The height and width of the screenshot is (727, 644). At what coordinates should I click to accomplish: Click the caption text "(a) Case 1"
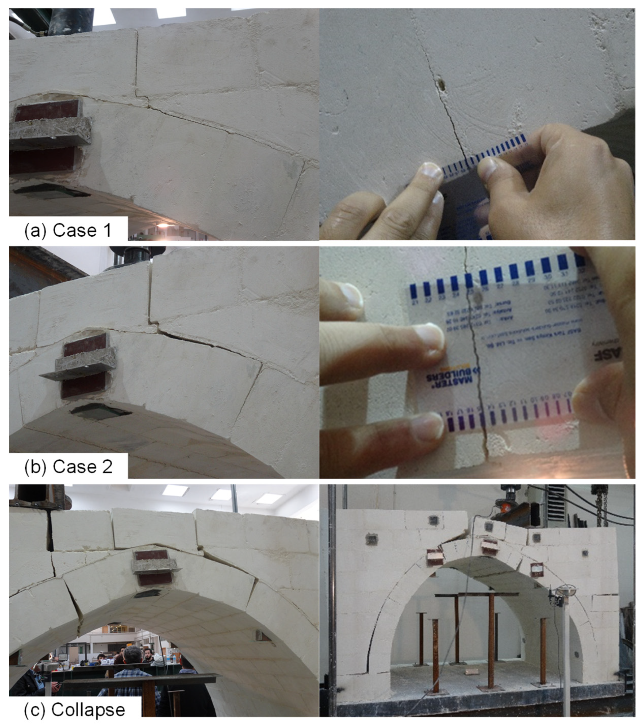click(68, 230)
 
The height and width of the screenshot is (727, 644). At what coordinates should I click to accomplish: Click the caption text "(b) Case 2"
click(68, 467)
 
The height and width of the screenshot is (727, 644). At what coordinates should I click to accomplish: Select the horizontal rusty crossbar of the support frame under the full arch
click(477, 594)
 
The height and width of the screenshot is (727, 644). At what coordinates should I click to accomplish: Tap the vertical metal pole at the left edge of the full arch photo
click(332, 605)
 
